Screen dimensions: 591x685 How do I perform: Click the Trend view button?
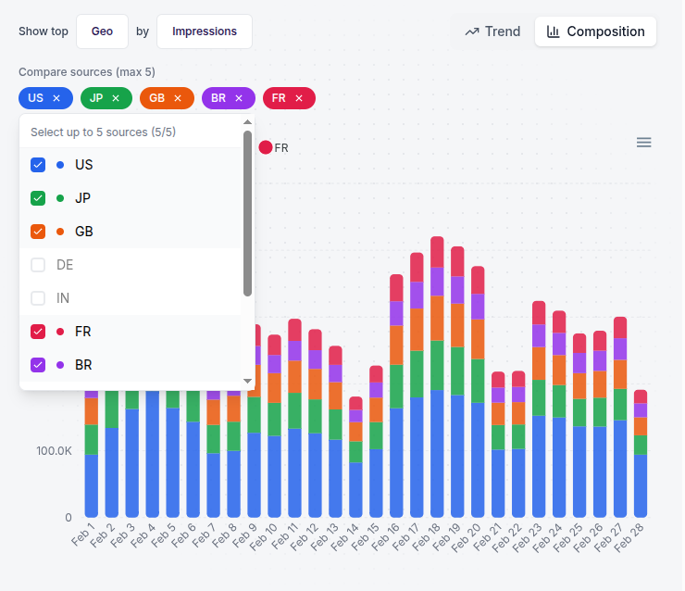492,31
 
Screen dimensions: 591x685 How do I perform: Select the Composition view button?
595,31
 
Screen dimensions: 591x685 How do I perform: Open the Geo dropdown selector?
102,31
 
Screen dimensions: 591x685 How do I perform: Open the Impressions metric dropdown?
204,31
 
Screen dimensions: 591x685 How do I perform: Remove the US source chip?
56,98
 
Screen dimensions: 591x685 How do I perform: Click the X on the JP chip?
116,98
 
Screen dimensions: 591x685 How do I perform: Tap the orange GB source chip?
158,98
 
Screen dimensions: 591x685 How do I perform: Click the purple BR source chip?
218,98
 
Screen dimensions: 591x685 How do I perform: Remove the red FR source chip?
299,98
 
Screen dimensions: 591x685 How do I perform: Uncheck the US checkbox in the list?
38,165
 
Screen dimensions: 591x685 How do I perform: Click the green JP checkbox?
38,198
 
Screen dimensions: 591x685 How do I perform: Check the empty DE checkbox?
38,265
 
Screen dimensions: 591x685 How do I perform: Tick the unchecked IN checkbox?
38,298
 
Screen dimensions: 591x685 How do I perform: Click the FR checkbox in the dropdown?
38,332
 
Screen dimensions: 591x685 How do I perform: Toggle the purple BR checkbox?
38,365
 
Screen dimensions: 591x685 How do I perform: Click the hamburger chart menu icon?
643,143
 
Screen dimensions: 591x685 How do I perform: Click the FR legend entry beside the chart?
274,147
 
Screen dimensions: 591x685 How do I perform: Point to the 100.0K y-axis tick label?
54,451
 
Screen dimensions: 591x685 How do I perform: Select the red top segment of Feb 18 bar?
437,252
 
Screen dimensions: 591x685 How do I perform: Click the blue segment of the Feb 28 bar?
641,485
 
